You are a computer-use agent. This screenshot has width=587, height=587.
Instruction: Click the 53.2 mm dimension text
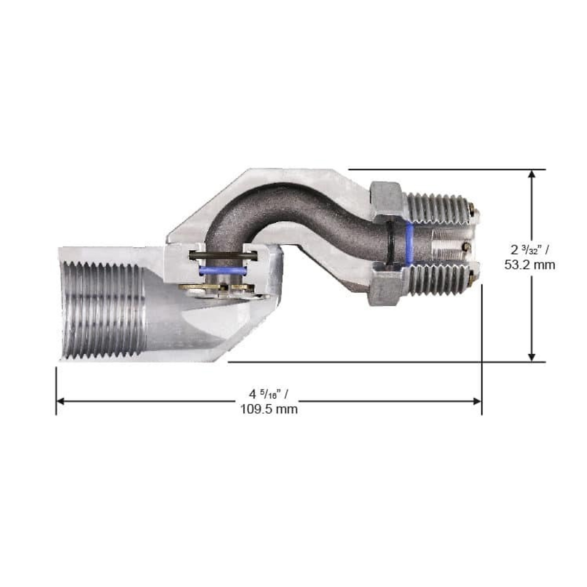[x=529, y=265]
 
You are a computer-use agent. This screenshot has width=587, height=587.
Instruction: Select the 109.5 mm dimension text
[x=269, y=409]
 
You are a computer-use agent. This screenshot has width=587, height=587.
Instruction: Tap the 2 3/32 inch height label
[x=529, y=250]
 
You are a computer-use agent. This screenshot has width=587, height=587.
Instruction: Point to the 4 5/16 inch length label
[x=269, y=394]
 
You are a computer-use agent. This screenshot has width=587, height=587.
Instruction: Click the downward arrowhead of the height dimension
[x=532, y=356]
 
